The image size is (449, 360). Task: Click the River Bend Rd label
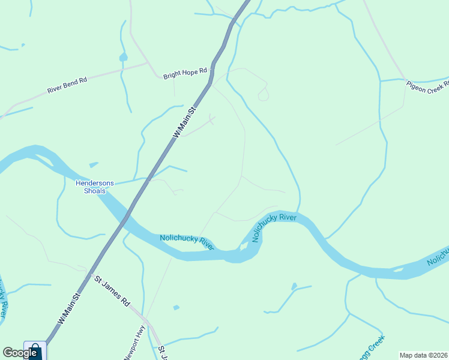(67, 85)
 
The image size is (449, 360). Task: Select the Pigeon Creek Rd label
(427, 86)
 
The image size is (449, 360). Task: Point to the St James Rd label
(112, 291)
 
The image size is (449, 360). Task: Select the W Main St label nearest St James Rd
(69, 309)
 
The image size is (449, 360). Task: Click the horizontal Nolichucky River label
(187, 242)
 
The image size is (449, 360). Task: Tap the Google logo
(20, 353)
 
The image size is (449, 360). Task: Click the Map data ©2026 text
(423, 355)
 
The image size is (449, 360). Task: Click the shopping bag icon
(35, 350)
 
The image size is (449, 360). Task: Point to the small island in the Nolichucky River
(244, 246)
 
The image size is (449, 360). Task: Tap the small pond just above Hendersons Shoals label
(93, 164)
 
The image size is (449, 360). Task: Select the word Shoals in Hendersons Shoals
(94, 191)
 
